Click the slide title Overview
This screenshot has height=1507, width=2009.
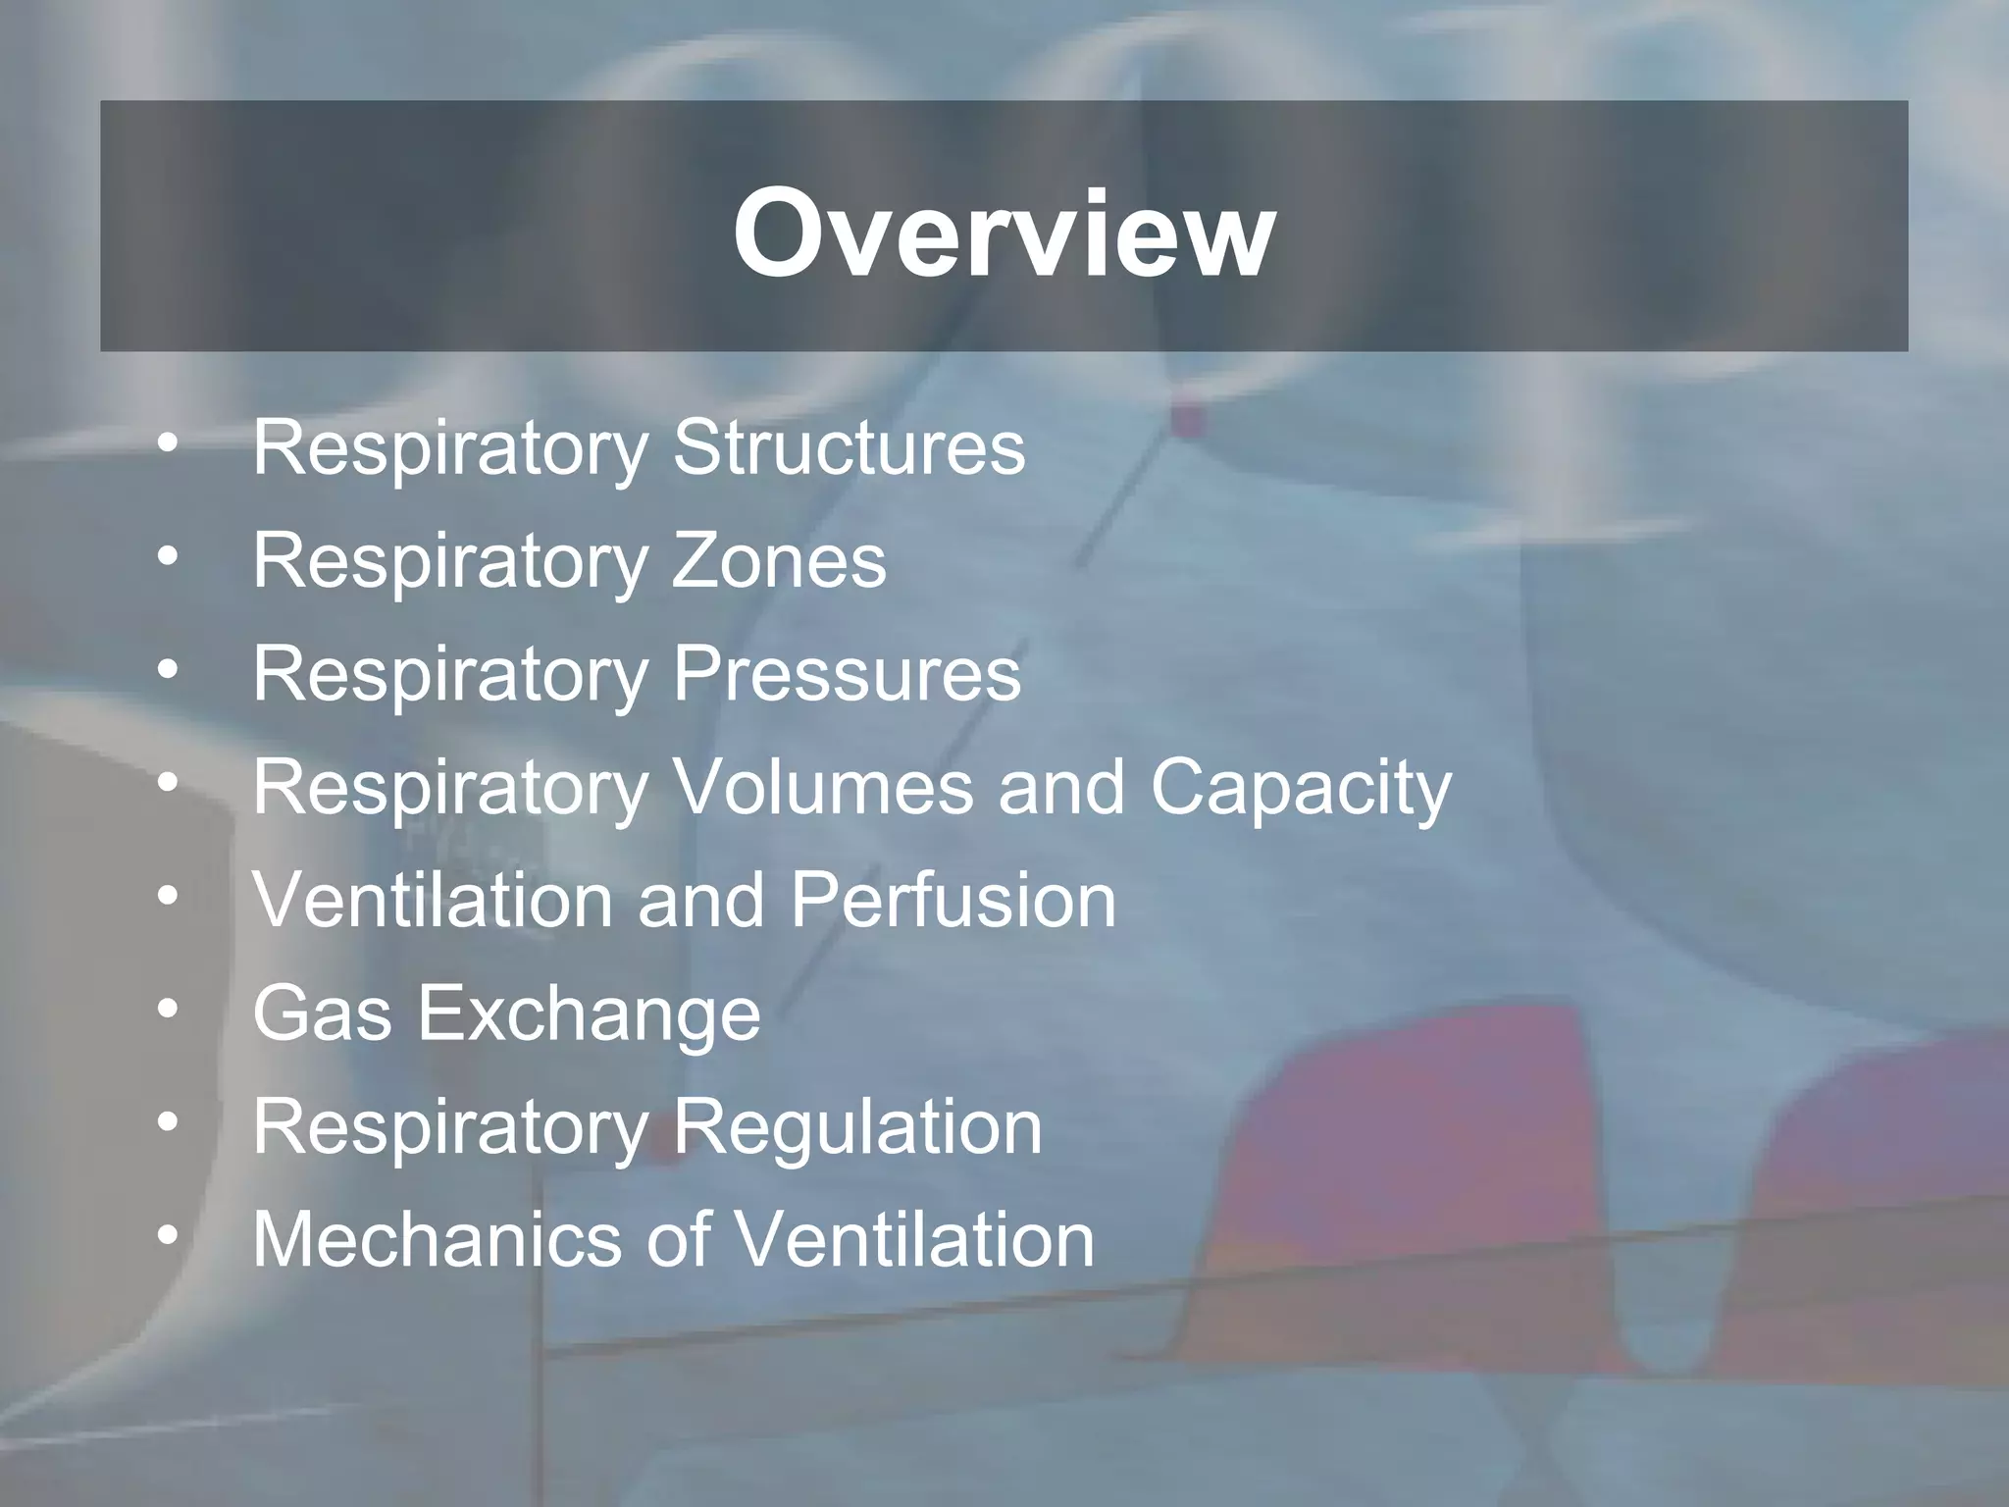click(1004, 234)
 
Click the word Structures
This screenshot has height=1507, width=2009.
click(849, 447)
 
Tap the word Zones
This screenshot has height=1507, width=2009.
click(779, 560)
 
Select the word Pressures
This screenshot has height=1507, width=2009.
click(847, 674)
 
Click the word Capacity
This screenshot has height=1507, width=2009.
click(1300, 789)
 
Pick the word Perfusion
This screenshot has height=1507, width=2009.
click(953, 900)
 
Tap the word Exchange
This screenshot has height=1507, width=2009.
click(590, 1013)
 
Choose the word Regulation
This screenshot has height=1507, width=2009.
click(857, 1128)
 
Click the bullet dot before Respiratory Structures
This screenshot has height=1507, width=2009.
click(169, 443)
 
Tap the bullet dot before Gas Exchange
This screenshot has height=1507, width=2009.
click(169, 1010)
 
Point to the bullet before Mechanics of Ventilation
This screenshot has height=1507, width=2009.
click(169, 1235)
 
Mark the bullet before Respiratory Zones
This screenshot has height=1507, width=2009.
click(169, 556)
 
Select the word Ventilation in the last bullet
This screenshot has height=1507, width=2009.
click(914, 1239)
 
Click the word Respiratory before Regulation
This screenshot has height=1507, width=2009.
click(450, 1128)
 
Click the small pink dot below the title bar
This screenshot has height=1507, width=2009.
click(1188, 420)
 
